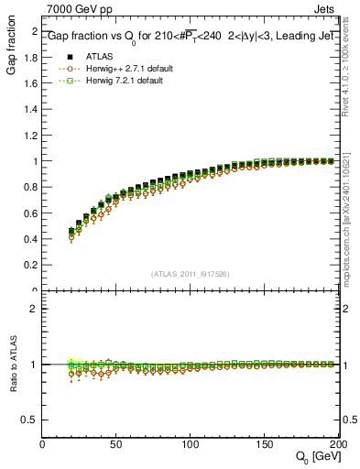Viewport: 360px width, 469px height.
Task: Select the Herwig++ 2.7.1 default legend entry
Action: (115, 69)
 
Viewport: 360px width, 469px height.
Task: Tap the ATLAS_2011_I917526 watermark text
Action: (191, 273)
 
